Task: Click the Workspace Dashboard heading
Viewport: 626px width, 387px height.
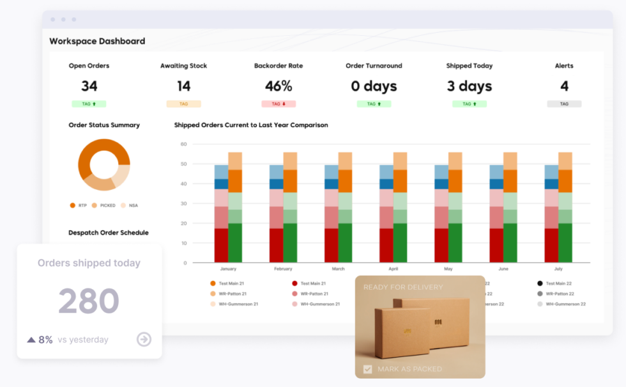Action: click(x=97, y=41)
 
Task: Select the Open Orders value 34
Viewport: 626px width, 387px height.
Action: click(x=89, y=86)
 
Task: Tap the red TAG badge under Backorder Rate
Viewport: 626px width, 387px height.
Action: click(x=278, y=104)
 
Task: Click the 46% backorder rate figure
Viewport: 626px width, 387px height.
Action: click(x=278, y=86)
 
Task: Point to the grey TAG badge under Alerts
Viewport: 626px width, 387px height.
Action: click(x=564, y=104)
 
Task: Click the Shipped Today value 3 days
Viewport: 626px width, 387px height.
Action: click(x=469, y=86)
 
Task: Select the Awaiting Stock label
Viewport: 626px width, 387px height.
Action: click(x=183, y=66)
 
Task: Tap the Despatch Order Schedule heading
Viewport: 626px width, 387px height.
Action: click(x=109, y=233)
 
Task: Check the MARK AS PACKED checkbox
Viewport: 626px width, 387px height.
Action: click(x=367, y=369)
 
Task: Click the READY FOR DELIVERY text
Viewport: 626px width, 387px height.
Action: click(x=403, y=287)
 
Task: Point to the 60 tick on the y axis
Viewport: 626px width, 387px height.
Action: click(x=183, y=145)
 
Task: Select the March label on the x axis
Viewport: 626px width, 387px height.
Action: click(x=338, y=269)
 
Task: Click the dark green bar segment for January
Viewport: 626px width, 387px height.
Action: click(x=235, y=243)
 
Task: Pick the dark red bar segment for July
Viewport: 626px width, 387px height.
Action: click(x=551, y=246)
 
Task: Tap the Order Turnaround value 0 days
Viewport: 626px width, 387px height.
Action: click(x=374, y=86)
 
